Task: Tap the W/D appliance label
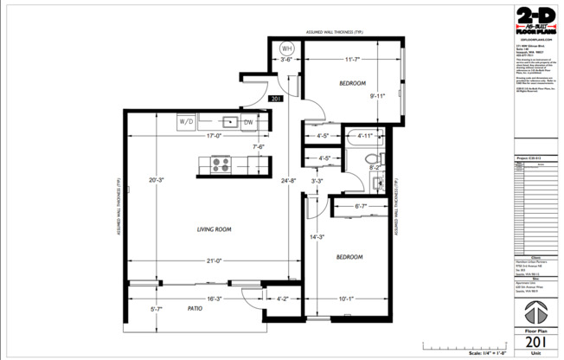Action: coord(187,122)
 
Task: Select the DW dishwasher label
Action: coord(247,122)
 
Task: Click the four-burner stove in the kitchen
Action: coord(220,163)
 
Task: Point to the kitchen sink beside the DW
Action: coord(230,121)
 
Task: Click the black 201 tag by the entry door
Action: coord(276,100)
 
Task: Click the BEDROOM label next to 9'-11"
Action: coord(351,82)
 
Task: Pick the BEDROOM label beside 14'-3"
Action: coord(348,257)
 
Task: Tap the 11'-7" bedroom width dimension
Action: coord(351,60)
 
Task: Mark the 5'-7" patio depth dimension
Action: coord(157,309)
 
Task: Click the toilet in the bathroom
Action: coord(373,159)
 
